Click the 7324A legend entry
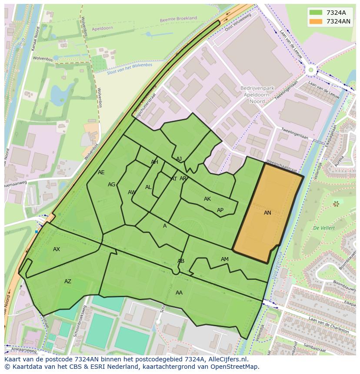tap(336, 13)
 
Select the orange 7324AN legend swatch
tap(316, 21)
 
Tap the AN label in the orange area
tap(267, 213)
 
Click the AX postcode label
tap(57, 249)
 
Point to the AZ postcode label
tap(68, 281)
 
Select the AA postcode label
tap(179, 293)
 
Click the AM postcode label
tap(224, 259)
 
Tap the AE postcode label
tap(101, 172)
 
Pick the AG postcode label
tap(112, 185)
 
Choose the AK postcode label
tap(207, 199)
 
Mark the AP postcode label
tap(220, 210)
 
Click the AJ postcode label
tap(179, 159)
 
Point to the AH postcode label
tap(154, 162)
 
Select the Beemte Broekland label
tap(178, 19)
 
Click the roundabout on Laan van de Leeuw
tap(311, 70)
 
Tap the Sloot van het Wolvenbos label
tap(130, 69)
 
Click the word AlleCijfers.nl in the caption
tap(226, 359)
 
